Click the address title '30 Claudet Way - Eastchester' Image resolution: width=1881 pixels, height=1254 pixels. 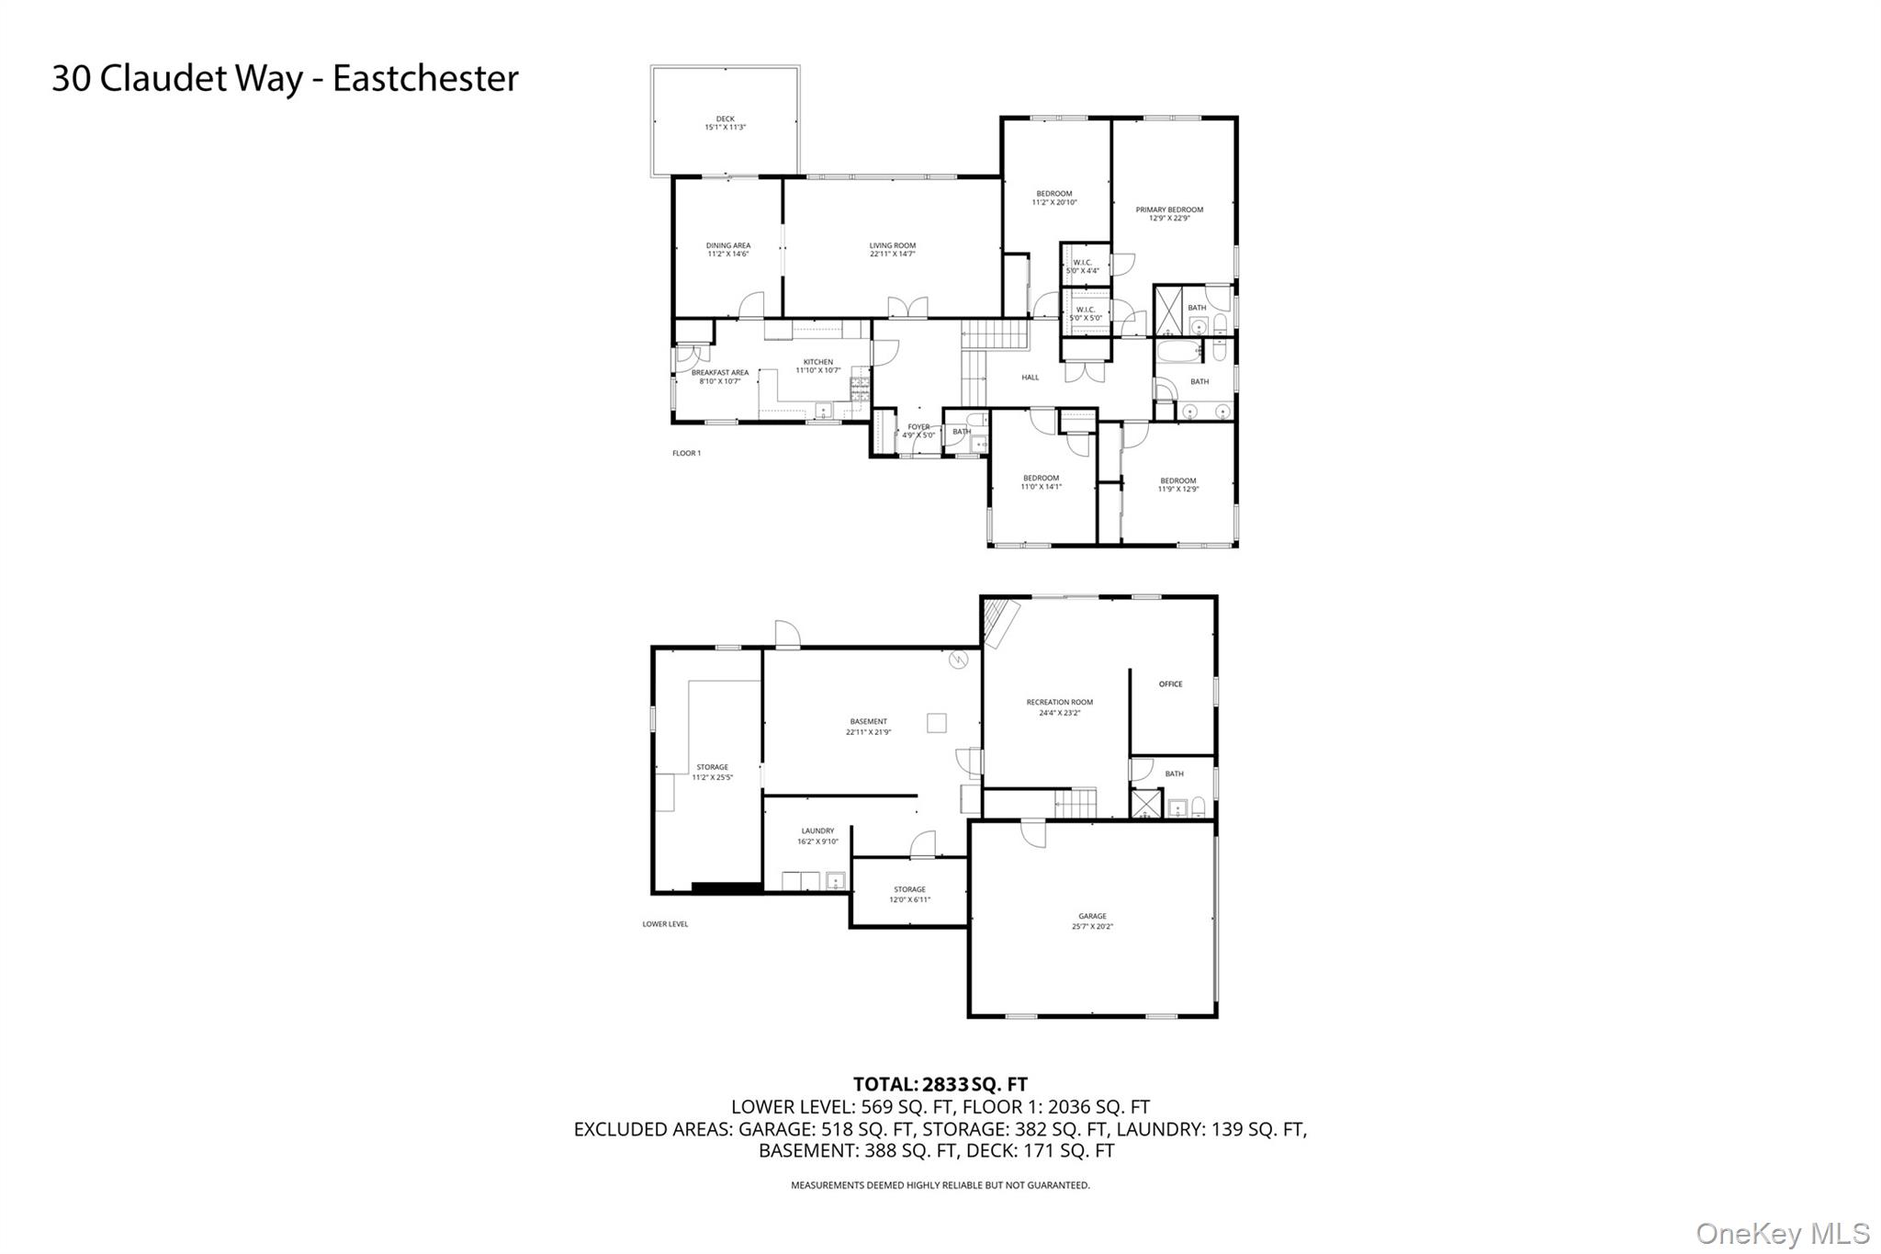285,79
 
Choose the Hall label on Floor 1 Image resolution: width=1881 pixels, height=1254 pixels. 1030,378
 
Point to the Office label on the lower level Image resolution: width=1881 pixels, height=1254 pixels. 1170,684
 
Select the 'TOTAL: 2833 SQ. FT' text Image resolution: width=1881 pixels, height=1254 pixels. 940,1084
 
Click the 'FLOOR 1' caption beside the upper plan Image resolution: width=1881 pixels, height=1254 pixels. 686,453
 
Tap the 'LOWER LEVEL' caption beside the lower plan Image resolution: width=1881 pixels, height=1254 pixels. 665,924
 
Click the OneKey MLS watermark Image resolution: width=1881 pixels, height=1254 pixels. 1782,1233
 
